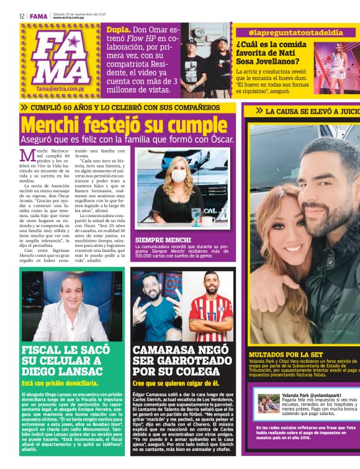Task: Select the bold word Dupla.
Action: click(119, 29)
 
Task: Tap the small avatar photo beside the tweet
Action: click(269, 404)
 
